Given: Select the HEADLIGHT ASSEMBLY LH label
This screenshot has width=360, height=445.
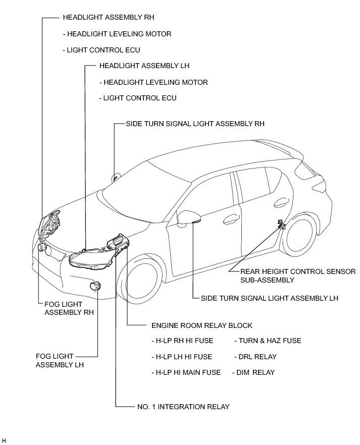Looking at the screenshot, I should tap(144, 66).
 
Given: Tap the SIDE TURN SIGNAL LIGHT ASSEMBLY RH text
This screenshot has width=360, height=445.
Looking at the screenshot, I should tap(195, 123).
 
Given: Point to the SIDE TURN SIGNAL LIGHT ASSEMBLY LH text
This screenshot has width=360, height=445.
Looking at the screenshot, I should tap(269, 298).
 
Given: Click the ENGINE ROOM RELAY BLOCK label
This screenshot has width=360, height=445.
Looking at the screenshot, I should tap(201, 325).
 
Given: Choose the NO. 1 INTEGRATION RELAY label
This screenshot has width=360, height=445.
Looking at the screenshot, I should tap(183, 406).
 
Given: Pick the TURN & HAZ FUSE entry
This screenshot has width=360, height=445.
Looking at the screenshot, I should tap(268, 341).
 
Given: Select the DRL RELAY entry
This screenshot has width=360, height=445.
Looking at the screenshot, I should tap(255, 357).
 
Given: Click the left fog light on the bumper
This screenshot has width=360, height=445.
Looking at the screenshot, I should tap(95, 287).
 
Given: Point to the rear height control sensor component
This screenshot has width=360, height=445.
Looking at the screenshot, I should tap(280, 225).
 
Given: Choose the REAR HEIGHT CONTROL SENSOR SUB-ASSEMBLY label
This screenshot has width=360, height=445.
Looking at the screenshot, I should tap(298, 275).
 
